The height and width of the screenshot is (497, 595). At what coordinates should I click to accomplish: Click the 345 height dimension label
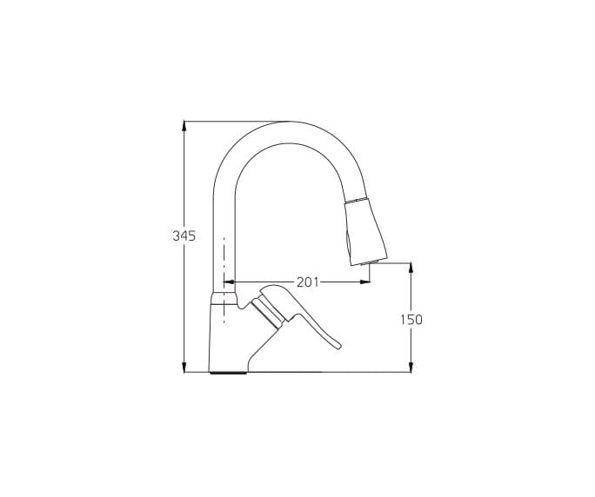tap(184, 235)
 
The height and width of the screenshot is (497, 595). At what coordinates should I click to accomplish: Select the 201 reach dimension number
tap(308, 282)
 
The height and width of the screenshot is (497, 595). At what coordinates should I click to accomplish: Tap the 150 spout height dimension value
tap(411, 320)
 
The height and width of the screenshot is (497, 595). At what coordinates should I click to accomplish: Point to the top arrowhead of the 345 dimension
tap(184, 126)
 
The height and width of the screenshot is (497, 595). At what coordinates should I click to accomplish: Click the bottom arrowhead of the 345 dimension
tap(184, 367)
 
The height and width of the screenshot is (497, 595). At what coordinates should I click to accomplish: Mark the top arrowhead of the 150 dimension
tap(411, 268)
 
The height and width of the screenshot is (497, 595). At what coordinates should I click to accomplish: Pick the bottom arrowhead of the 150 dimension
tap(411, 367)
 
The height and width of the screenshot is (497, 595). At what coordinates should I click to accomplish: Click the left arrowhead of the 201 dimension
tap(229, 282)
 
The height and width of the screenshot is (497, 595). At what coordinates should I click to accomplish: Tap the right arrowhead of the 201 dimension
tap(365, 282)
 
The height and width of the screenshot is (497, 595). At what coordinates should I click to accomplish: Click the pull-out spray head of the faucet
tap(365, 231)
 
